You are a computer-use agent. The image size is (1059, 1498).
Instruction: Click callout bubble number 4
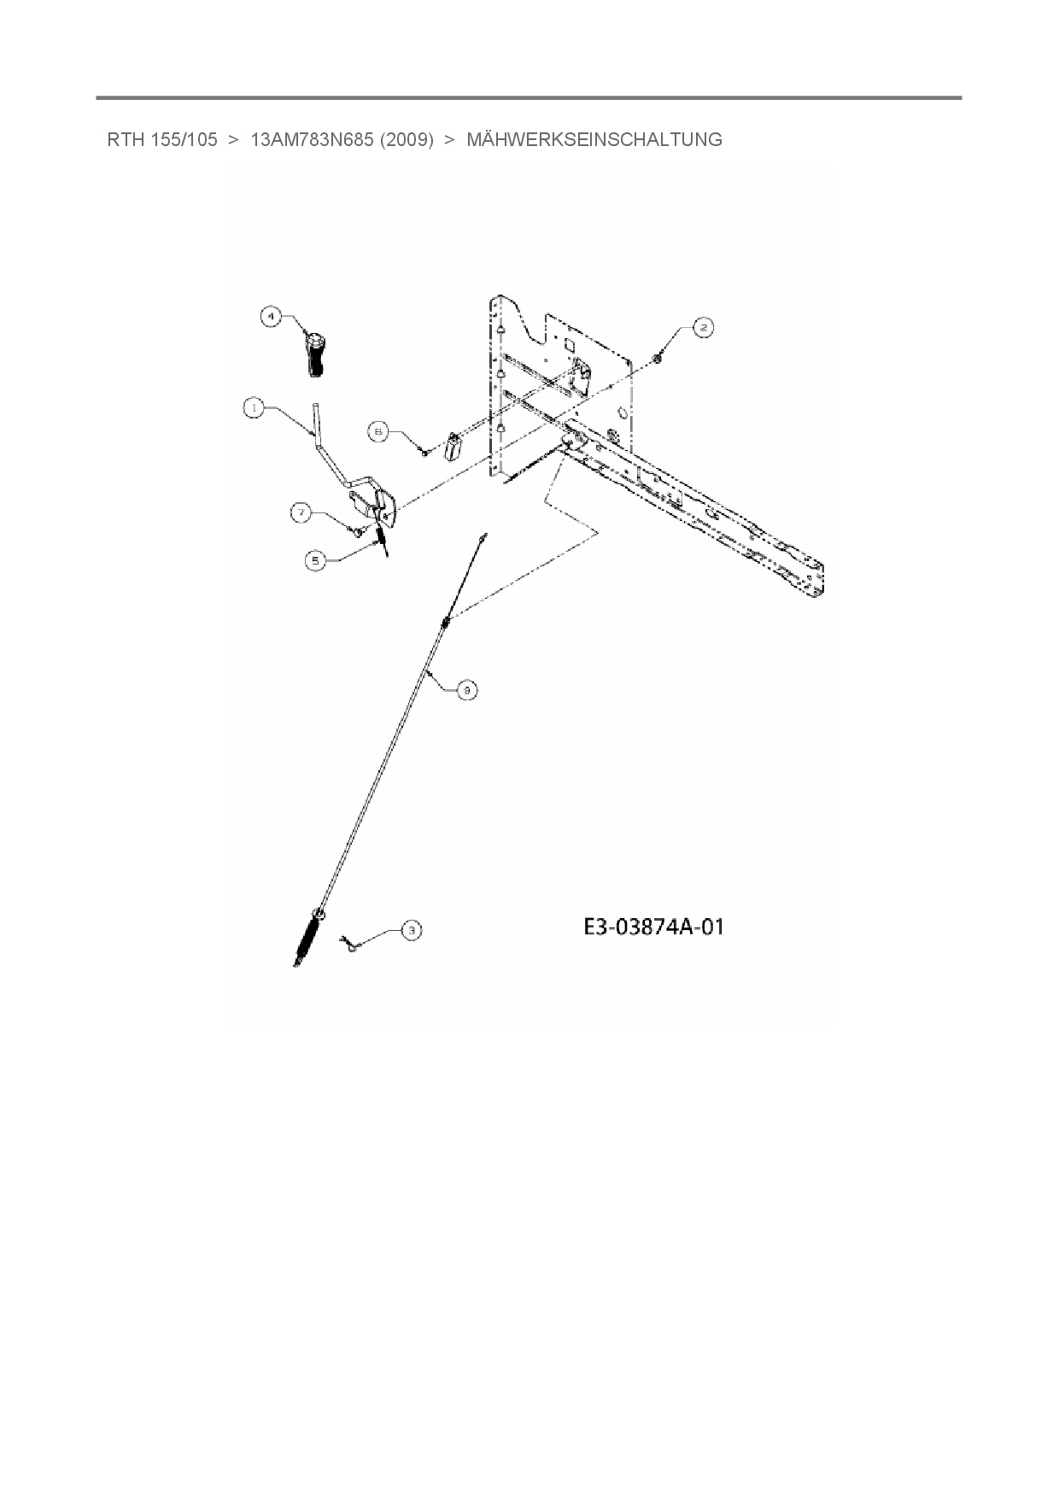[271, 316]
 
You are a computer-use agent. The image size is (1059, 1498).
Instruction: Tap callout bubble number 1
[254, 408]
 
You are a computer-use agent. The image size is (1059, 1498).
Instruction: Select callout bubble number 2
[702, 328]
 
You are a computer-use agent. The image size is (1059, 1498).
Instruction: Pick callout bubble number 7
[301, 512]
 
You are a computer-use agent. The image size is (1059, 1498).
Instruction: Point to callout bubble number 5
[317, 560]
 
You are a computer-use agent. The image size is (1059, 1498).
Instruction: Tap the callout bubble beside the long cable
[466, 689]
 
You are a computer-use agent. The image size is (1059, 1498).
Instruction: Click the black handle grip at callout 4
[313, 352]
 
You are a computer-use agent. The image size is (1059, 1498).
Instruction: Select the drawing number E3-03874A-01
[653, 927]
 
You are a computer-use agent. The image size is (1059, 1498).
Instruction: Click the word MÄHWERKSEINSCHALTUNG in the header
[594, 139]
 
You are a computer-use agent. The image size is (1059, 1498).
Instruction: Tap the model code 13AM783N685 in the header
[312, 139]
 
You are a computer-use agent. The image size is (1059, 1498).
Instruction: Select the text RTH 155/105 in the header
[162, 139]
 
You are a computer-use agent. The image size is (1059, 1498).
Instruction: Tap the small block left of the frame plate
[453, 445]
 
